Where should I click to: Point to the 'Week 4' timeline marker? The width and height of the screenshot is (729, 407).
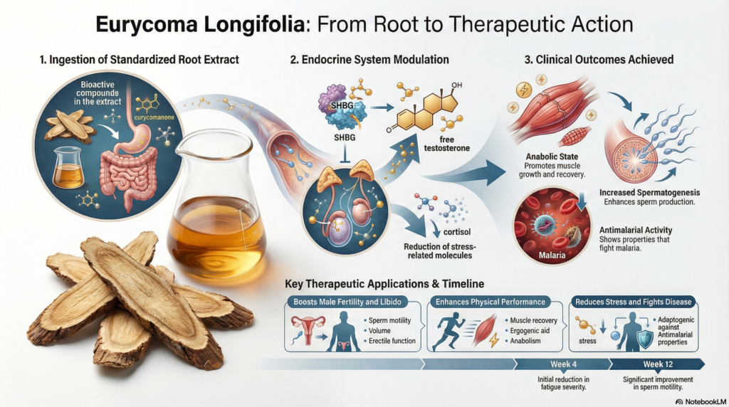tap(562, 364)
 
